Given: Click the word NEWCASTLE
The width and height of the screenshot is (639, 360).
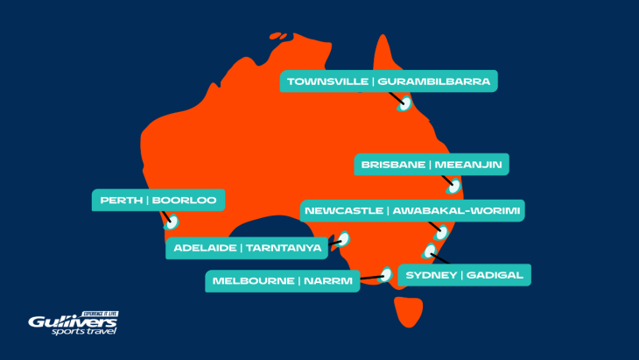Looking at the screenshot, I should [x=342, y=211].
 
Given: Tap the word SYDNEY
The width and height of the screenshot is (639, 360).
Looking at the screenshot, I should [x=432, y=275].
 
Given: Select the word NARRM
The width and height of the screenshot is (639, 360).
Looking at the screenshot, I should [x=328, y=282].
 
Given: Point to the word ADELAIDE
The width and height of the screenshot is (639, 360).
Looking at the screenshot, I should [x=203, y=248].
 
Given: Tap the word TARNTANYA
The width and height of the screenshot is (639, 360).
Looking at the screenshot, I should [x=284, y=248].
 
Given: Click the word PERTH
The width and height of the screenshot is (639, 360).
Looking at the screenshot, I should [x=121, y=201].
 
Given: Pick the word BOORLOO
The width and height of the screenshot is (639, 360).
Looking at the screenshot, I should [x=184, y=201].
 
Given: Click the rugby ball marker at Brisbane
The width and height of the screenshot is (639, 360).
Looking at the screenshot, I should [x=453, y=185].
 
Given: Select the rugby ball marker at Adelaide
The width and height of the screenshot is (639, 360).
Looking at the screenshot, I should [x=344, y=237].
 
